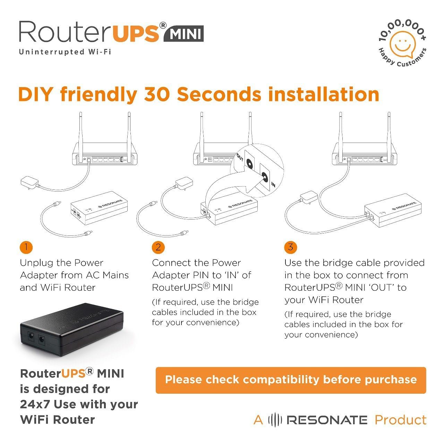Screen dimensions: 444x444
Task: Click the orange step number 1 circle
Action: click(26, 247)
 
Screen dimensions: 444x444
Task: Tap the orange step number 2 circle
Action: click(158, 247)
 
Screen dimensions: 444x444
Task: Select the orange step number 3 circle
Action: click(291, 247)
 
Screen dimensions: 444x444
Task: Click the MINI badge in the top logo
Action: click(183, 34)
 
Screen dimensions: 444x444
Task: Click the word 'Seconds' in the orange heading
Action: click(219, 94)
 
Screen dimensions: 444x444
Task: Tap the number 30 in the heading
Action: click(157, 94)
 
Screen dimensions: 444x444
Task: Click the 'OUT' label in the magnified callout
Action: click(240, 157)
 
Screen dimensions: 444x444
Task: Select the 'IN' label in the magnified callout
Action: click(273, 185)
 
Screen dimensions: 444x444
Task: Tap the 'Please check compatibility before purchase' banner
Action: click(291, 380)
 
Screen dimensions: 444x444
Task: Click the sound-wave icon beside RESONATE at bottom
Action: click(275, 420)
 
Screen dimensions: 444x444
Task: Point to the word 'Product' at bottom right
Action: click(401, 420)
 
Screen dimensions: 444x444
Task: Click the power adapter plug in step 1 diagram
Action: click(29, 182)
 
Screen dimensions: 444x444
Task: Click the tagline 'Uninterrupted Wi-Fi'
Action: click(65, 52)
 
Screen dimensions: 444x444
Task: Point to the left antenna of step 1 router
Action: click(80, 136)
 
